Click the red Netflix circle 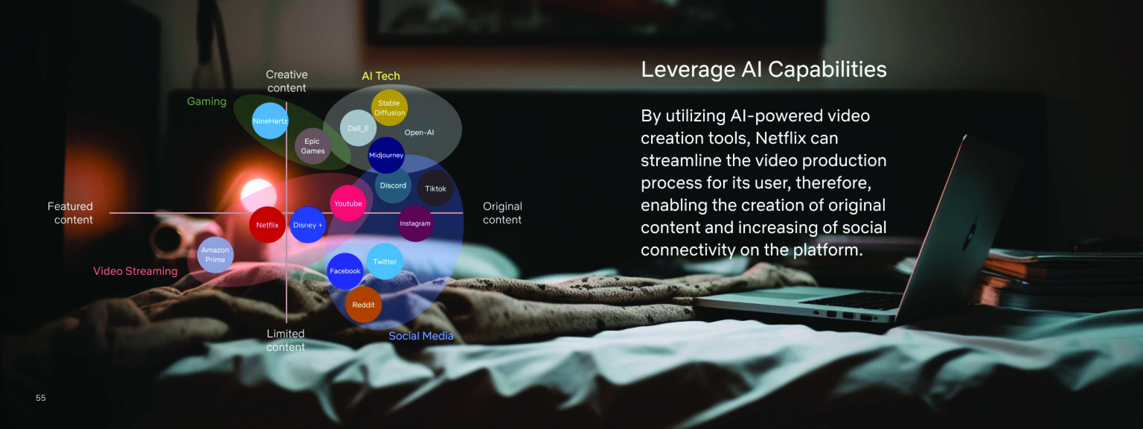tap(267, 225)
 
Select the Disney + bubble tap(307, 225)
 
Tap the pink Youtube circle tap(348, 203)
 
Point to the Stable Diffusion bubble tap(389, 107)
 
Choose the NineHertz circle tap(270, 121)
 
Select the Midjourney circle tap(386, 155)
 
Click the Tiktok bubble tap(435, 188)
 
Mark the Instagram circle tap(415, 223)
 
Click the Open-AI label tap(419, 132)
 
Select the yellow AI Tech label tap(381, 76)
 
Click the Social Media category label tap(421, 336)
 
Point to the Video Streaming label tap(135, 271)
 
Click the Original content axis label tap(502, 213)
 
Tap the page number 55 tap(41, 398)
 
